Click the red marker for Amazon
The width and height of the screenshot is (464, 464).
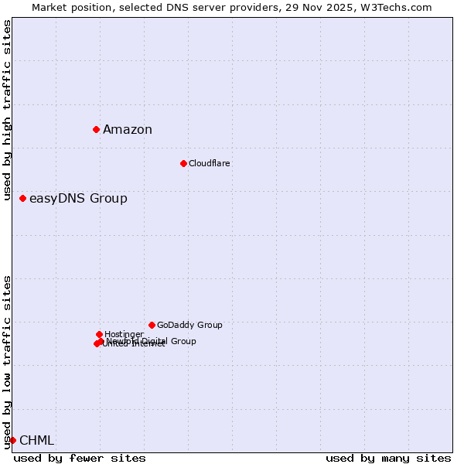click(96, 129)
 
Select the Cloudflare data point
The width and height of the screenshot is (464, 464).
click(183, 163)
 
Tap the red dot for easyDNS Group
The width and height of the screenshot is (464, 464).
click(22, 199)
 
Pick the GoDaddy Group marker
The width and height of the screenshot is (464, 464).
click(152, 325)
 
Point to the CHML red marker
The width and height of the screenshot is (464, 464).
click(12, 440)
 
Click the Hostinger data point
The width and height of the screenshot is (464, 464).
click(99, 334)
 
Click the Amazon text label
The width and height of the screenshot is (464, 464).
click(128, 130)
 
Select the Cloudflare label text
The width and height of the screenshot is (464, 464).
click(209, 163)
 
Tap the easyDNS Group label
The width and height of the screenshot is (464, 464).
click(78, 199)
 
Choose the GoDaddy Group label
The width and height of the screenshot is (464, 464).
click(189, 325)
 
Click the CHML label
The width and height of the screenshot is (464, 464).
click(36, 441)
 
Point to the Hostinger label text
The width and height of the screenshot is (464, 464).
click(124, 334)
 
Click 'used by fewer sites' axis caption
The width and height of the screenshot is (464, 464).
click(80, 458)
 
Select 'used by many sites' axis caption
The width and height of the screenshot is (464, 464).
click(388, 458)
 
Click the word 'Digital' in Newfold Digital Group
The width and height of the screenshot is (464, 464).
click(157, 341)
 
